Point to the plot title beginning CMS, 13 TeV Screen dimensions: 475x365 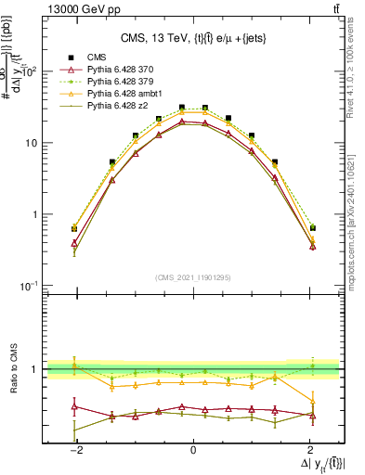click(193, 38)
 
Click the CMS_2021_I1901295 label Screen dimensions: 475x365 click(192, 277)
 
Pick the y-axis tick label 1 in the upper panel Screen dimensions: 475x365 click(35, 214)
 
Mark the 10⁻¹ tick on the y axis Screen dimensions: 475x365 click(30, 285)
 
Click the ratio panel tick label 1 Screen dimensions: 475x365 click(35, 369)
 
